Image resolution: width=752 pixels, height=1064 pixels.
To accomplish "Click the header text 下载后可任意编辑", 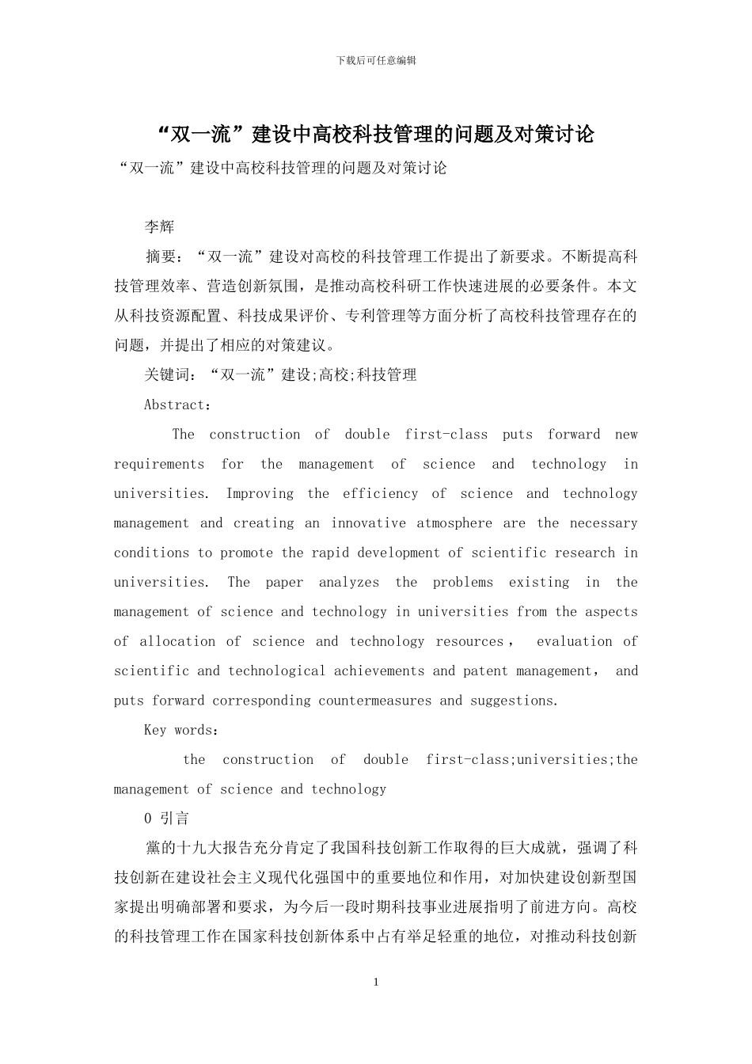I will tap(376, 61).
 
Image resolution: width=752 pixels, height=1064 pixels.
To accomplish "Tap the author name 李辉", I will tap(159, 227).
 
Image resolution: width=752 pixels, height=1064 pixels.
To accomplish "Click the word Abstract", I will tap(174, 405).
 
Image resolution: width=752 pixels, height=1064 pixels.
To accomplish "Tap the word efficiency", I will tap(380, 493).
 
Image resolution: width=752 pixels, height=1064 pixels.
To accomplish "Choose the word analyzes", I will tap(349, 582).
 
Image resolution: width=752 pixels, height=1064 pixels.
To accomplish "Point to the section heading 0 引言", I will tap(167, 819).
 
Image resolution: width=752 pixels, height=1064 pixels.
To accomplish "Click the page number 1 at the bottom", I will tap(376, 982).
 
